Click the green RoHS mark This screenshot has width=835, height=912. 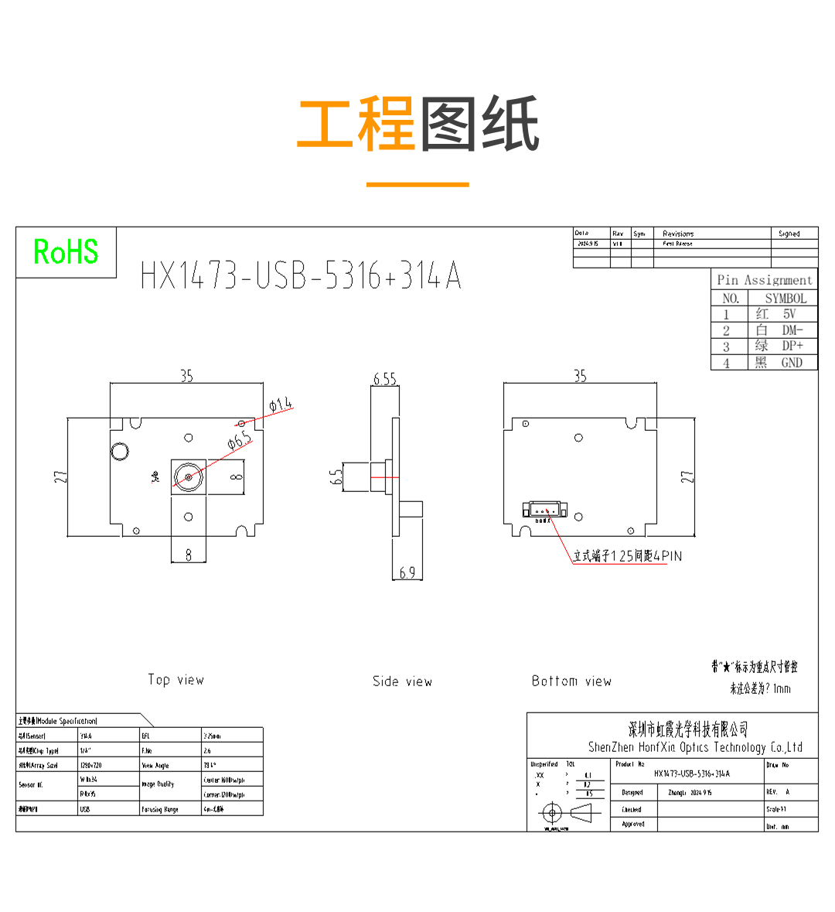[x=66, y=252]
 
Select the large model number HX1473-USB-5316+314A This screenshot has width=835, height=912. [x=300, y=275]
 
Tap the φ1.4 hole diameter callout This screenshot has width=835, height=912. [x=281, y=404]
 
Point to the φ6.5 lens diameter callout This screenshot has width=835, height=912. [x=240, y=442]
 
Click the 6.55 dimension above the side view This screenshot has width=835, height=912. [x=384, y=378]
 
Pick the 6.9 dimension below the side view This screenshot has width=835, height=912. [x=407, y=572]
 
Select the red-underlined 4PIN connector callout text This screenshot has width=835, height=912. [x=627, y=556]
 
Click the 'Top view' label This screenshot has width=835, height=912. [x=176, y=680]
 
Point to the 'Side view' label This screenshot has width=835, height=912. [x=402, y=681]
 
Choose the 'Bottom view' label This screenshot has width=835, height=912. [x=571, y=681]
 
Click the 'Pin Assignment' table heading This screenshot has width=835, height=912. [x=764, y=280]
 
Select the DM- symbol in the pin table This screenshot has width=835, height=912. [x=792, y=330]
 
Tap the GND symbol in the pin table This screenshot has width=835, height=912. [x=791, y=363]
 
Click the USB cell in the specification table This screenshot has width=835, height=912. [x=85, y=809]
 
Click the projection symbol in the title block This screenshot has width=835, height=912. [x=564, y=813]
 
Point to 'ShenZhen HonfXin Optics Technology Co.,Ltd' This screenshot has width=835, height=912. [x=695, y=747]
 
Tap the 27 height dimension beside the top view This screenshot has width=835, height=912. [x=61, y=477]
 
